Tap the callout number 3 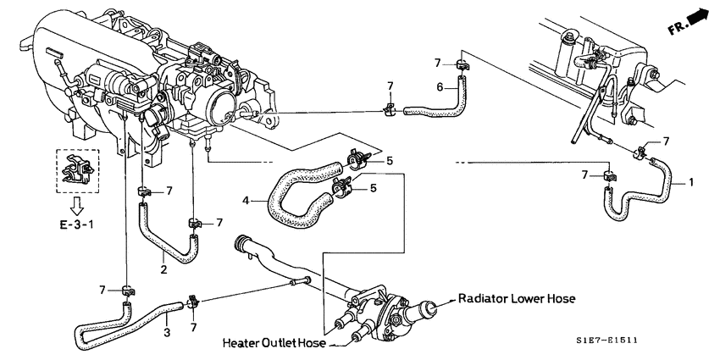167,332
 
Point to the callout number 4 246,201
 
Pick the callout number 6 440,86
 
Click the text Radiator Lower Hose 517,299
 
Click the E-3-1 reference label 77,227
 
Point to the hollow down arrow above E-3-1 76,205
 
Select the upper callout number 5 390,160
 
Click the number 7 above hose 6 437,63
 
